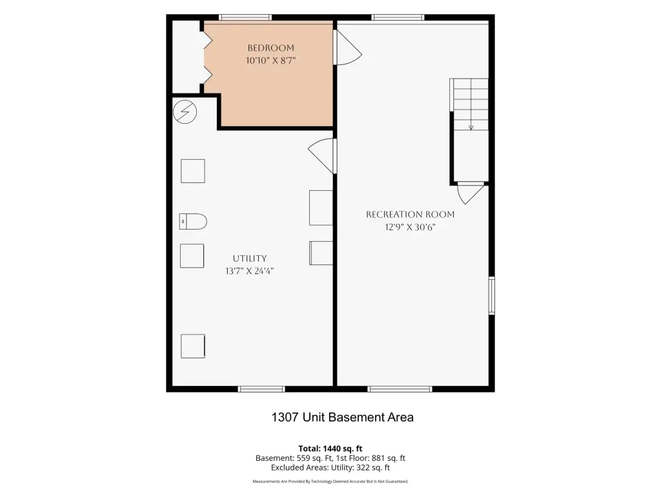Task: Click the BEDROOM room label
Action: [x=270, y=48]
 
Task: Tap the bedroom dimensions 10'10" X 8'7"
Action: [x=270, y=61]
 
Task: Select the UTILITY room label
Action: [x=250, y=258]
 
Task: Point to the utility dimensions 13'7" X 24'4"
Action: [x=250, y=271]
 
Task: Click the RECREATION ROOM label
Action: [x=410, y=215]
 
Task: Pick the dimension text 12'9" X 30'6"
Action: [x=410, y=228]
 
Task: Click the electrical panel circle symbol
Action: [x=185, y=112]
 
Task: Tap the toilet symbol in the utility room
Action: [x=193, y=222]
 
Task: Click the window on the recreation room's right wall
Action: [x=491, y=295]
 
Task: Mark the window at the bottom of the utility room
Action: [x=261, y=389]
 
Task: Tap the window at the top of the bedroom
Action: [x=245, y=17]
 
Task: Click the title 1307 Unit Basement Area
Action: [x=342, y=417]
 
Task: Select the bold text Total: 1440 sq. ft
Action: [x=330, y=449]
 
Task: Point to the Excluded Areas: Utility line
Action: [x=330, y=468]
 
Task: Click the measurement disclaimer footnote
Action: [x=330, y=481]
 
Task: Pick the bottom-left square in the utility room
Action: [x=193, y=346]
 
